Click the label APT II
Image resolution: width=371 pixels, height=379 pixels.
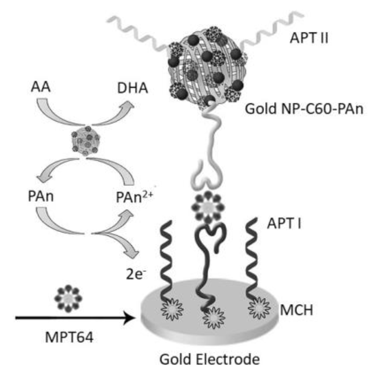click(x=309, y=38)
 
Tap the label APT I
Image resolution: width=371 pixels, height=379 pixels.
click(x=284, y=223)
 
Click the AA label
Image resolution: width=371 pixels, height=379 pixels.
click(x=41, y=87)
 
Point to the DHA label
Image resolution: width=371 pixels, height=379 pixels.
click(x=133, y=88)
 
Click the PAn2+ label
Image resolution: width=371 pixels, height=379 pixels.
click(x=134, y=196)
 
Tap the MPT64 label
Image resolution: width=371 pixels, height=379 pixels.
click(x=69, y=337)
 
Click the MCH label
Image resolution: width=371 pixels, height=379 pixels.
click(x=296, y=310)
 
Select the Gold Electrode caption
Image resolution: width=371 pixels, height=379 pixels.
click(x=210, y=360)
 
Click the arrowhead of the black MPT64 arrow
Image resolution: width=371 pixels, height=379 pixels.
click(x=130, y=318)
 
